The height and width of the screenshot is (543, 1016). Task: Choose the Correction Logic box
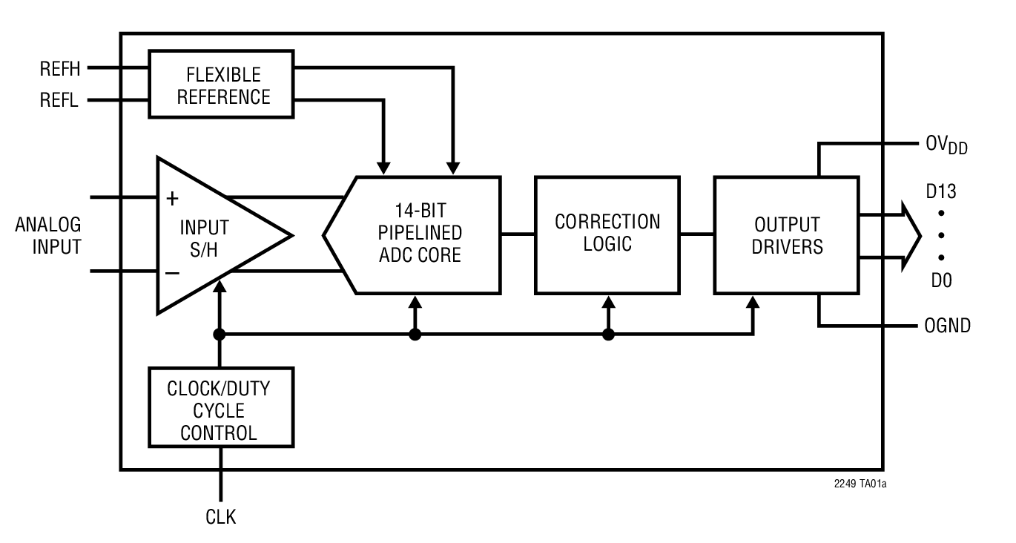click(607, 234)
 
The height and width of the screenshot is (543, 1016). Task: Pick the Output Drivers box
click(786, 234)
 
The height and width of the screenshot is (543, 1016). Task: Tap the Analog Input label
click(48, 236)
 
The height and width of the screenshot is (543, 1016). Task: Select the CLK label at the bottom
click(220, 517)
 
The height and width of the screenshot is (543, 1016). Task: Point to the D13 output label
click(940, 192)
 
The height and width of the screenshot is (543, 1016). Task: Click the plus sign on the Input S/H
click(172, 198)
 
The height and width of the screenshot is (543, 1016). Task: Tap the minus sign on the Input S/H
click(172, 272)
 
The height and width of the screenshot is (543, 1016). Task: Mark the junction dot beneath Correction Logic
click(608, 335)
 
